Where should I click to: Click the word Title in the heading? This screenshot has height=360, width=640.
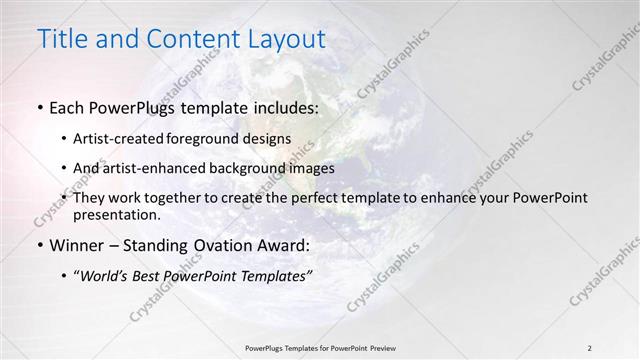[60, 40]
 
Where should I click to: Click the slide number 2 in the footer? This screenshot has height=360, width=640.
[590, 347]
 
